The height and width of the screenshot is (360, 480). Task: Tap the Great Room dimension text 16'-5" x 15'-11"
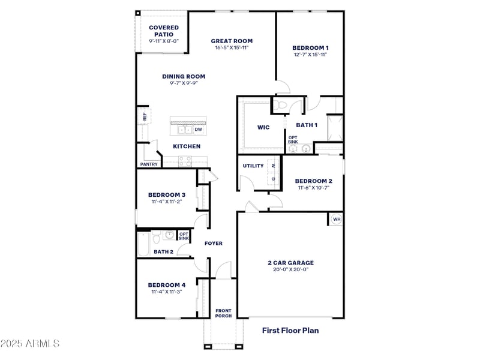pyautogui.click(x=232, y=48)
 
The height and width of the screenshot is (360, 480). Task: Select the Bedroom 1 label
pyautogui.click(x=310, y=47)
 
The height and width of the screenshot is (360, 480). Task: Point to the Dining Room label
pyautogui.click(x=184, y=76)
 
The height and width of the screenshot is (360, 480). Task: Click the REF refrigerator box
pyautogui.click(x=144, y=116)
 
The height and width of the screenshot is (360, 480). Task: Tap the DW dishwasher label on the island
pyautogui.click(x=197, y=129)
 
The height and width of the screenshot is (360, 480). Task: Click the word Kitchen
pyautogui.click(x=187, y=146)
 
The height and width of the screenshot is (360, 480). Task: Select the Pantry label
pyautogui.click(x=148, y=164)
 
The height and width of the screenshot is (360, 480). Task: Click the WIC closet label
pyautogui.click(x=263, y=127)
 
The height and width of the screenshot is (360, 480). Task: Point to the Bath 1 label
pyautogui.click(x=306, y=125)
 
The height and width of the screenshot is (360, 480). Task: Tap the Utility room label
pyautogui.click(x=253, y=166)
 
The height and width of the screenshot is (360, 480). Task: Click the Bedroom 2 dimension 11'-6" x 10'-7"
pyautogui.click(x=313, y=188)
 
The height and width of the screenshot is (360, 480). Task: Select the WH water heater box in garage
pyautogui.click(x=336, y=219)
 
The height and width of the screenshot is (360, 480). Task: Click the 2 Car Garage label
pyautogui.click(x=290, y=263)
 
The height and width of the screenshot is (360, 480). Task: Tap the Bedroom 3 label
pyautogui.click(x=166, y=194)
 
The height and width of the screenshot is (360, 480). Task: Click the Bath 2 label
pyautogui.click(x=163, y=251)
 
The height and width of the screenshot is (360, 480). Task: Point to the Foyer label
pyautogui.click(x=214, y=244)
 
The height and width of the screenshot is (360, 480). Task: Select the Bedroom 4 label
pyautogui.click(x=166, y=284)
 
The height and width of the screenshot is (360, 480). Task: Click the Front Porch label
pyautogui.click(x=223, y=313)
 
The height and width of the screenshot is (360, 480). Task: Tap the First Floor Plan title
pyautogui.click(x=290, y=330)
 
